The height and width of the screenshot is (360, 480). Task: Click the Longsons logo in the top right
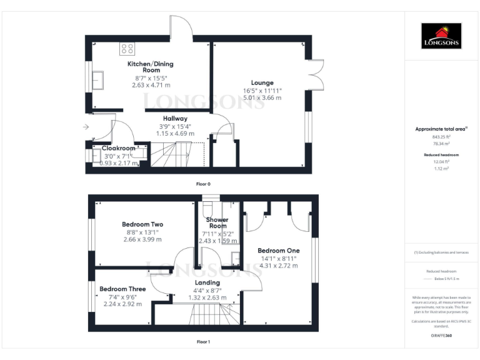click(x=441, y=36)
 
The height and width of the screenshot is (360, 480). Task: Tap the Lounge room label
click(x=262, y=82)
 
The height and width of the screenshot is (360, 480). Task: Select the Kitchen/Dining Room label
click(x=151, y=67)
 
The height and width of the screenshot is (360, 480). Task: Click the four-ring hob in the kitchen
click(x=127, y=48)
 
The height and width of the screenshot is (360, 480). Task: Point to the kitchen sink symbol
click(x=98, y=79)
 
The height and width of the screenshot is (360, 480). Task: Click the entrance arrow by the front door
click(x=86, y=127)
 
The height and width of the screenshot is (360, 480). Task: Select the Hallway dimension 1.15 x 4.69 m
click(x=175, y=133)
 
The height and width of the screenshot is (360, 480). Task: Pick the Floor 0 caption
click(x=204, y=184)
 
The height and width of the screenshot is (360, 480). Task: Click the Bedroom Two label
click(x=142, y=224)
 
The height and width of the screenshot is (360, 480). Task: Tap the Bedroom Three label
click(x=123, y=289)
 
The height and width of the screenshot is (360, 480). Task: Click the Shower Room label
click(x=217, y=223)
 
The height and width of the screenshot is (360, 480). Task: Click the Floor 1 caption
click(x=204, y=342)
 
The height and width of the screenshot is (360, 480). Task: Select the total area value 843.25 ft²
click(x=441, y=136)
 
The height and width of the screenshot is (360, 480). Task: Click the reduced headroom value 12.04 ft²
click(x=441, y=161)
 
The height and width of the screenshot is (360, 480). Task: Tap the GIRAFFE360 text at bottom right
click(x=441, y=336)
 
